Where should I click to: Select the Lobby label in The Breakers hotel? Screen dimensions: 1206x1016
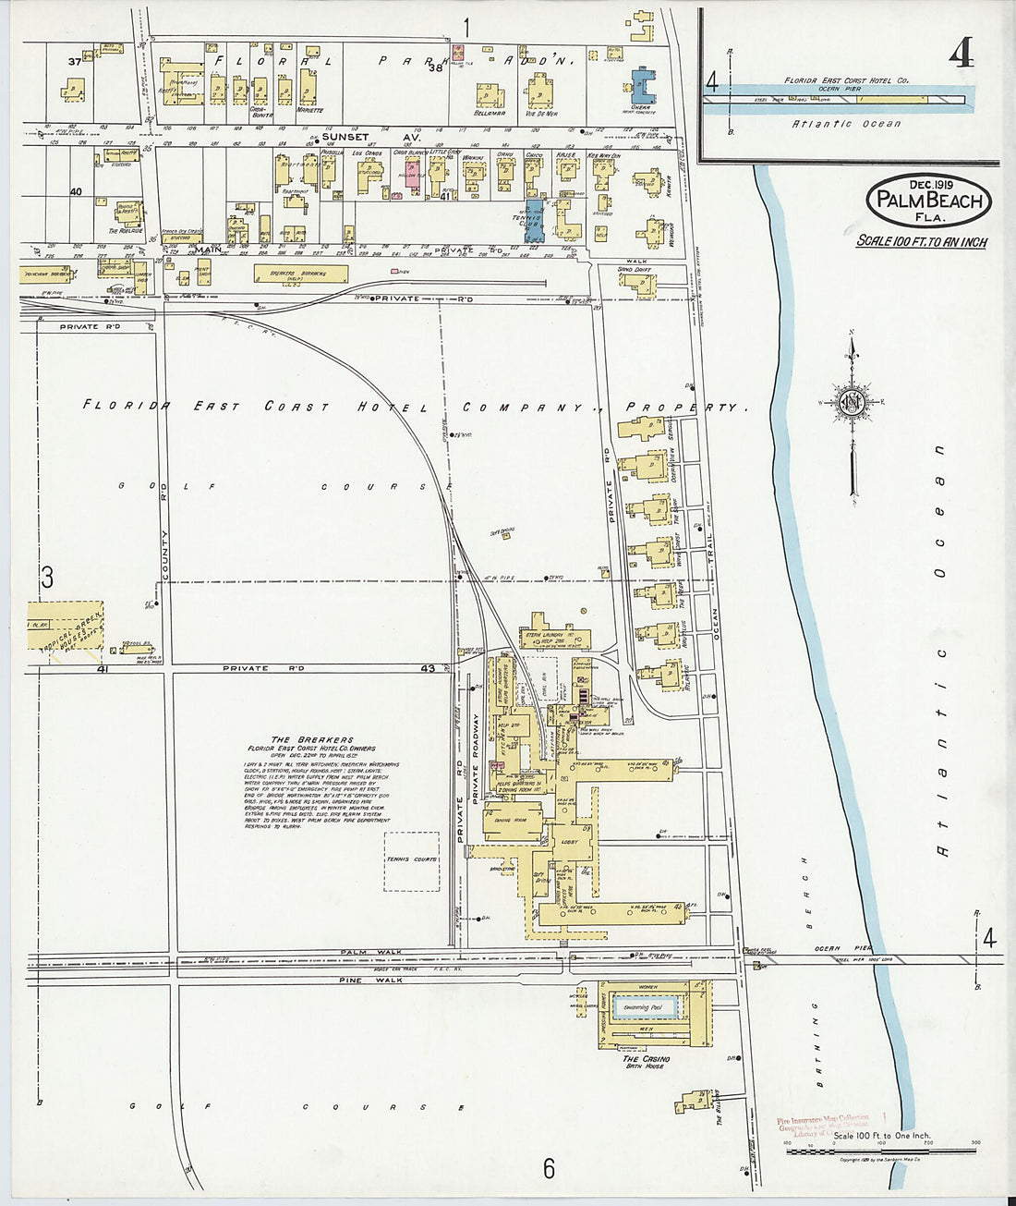569,842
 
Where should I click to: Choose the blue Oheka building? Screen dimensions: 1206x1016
642,85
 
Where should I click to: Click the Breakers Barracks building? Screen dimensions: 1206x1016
301,274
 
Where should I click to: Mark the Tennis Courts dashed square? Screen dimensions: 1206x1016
412,861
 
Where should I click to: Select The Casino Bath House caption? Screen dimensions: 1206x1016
647,1062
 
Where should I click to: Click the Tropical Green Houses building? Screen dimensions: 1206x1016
65,629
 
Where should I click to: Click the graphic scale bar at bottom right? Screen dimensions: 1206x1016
882,1151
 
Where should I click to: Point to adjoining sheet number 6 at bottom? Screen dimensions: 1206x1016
549,1169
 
